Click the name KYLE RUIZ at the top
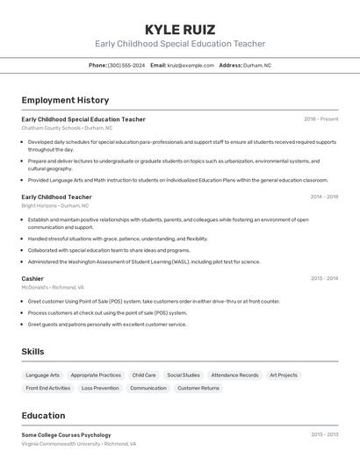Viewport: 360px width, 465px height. click(180, 29)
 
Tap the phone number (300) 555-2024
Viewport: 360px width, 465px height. click(126, 65)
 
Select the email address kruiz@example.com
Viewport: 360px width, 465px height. click(191, 65)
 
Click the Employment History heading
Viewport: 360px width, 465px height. click(65, 100)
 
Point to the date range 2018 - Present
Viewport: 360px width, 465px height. click(320, 118)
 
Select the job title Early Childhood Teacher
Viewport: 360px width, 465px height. click(56, 197)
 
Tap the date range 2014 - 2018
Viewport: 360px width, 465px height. click(324, 197)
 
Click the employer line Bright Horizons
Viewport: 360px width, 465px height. click(54, 205)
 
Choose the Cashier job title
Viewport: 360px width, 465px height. click(32, 278)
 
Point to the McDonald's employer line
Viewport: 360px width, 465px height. click(53, 287)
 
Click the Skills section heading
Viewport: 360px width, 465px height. click(32, 351)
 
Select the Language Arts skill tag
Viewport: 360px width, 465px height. click(43, 375)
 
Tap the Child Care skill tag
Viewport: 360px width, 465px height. click(144, 375)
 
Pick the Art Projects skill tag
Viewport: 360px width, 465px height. click(283, 375)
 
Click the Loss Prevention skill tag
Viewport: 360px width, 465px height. click(100, 388)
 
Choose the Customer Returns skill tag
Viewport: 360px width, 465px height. click(198, 388)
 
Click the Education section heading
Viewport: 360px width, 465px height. click(43, 416)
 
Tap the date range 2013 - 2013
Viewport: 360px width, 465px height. click(324, 434)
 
